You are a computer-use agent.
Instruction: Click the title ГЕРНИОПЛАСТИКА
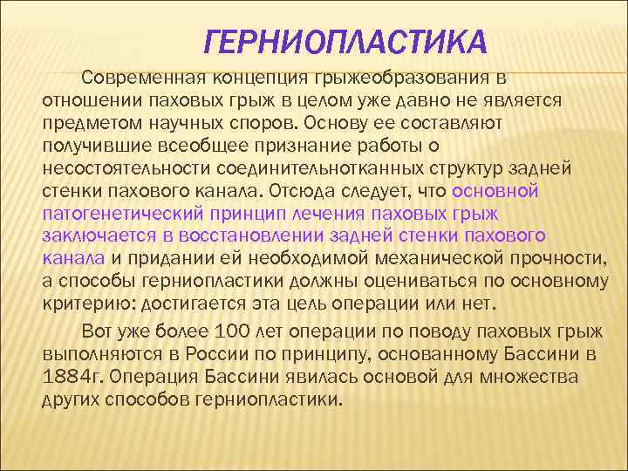(x=345, y=41)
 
